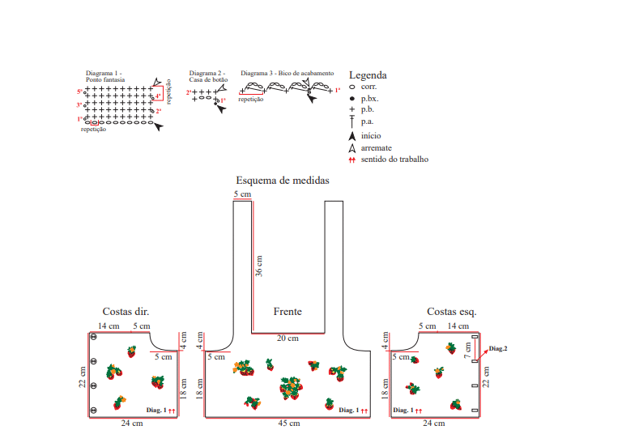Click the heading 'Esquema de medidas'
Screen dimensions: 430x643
(282, 181)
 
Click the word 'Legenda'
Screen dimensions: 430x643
(367, 75)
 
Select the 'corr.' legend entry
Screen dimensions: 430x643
(368, 87)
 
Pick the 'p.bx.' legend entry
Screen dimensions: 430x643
(370, 99)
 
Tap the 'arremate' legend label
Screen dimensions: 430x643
(377, 148)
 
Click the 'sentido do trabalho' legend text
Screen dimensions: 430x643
(394, 160)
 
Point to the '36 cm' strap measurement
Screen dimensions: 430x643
(259, 267)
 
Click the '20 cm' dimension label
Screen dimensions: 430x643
(287, 338)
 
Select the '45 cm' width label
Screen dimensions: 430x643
(289, 424)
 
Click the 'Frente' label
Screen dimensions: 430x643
(287, 312)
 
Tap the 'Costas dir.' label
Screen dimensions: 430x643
(126, 312)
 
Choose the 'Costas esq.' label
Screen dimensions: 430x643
(451, 312)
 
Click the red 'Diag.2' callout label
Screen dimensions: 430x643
(498, 349)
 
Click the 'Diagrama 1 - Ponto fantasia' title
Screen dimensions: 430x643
(104, 77)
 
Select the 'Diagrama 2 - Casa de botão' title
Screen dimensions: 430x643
(207, 77)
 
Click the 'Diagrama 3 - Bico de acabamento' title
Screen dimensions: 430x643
(287, 74)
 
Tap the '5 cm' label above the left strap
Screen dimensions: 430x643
(242, 195)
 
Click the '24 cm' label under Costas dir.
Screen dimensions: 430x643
(132, 424)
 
